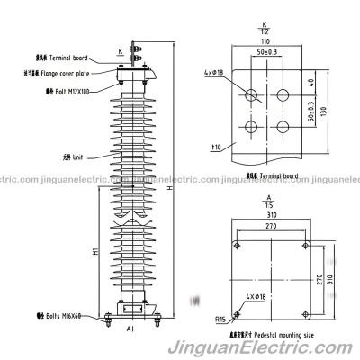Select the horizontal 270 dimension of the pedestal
pos(267,229)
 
